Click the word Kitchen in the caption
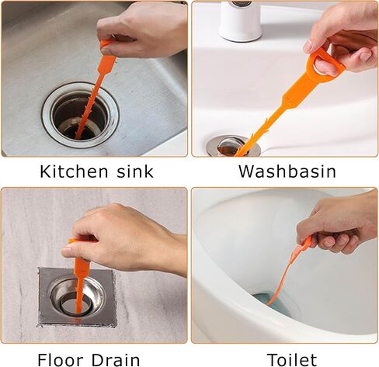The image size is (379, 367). click(x=73, y=171)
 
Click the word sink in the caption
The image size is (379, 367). click(x=134, y=171)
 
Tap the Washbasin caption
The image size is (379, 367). click(x=287, y=171)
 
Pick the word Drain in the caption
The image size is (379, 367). click(x=116, y=359)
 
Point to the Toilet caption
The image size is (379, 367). click(x=292, y=359)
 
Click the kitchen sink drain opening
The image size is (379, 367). click(x=80, y=115)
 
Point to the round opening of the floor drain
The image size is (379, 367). click(x=77, y=307)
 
